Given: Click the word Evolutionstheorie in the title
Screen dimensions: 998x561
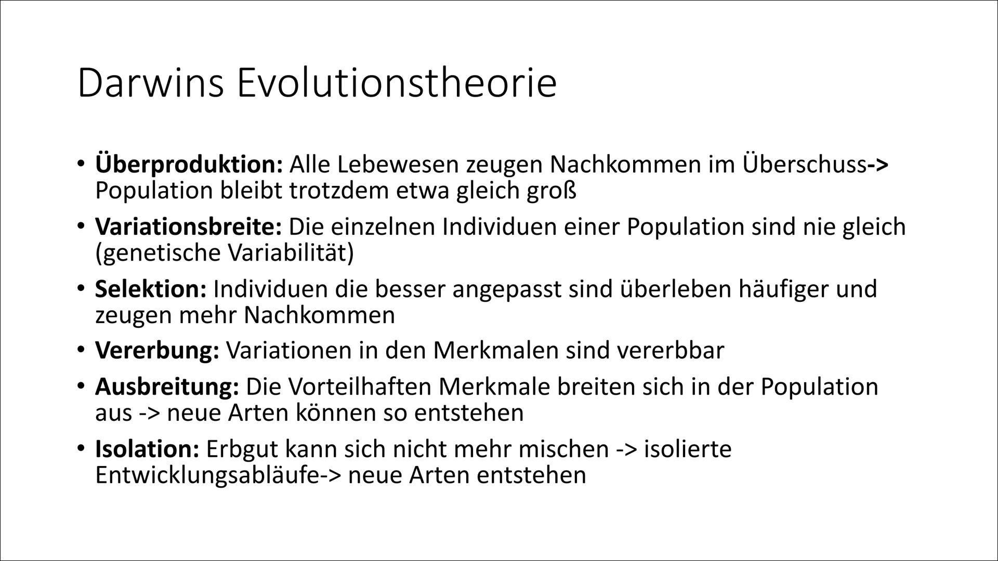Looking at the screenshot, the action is [x=397, y=83].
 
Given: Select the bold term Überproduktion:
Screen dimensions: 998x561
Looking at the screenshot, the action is [x=188, y=166].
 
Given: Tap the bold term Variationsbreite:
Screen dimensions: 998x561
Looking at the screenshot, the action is [x=188, y=228].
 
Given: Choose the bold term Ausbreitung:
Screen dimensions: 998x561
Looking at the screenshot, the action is [x=167, y=387].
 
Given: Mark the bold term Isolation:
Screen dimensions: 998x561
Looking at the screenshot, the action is [x=147, y=449].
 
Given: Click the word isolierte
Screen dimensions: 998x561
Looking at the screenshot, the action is [x=687, y=449].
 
